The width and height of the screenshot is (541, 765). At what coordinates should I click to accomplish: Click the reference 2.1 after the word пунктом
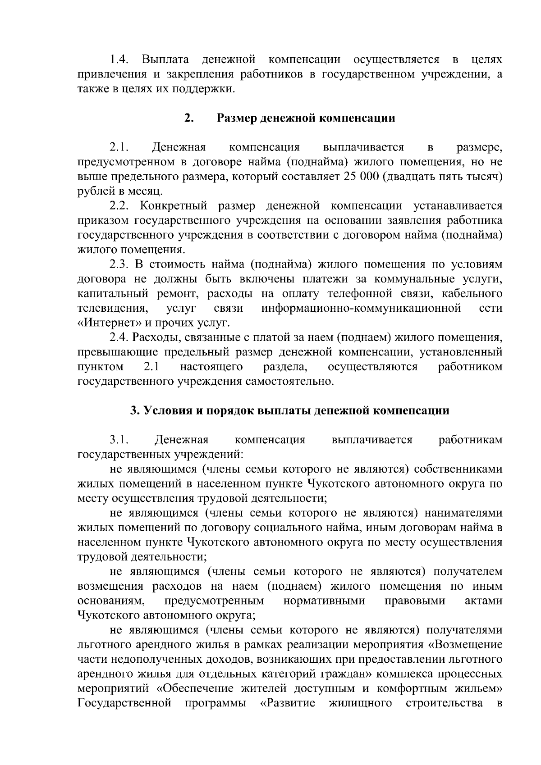(151, 367)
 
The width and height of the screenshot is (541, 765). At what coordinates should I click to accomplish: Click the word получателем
(468, 572)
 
